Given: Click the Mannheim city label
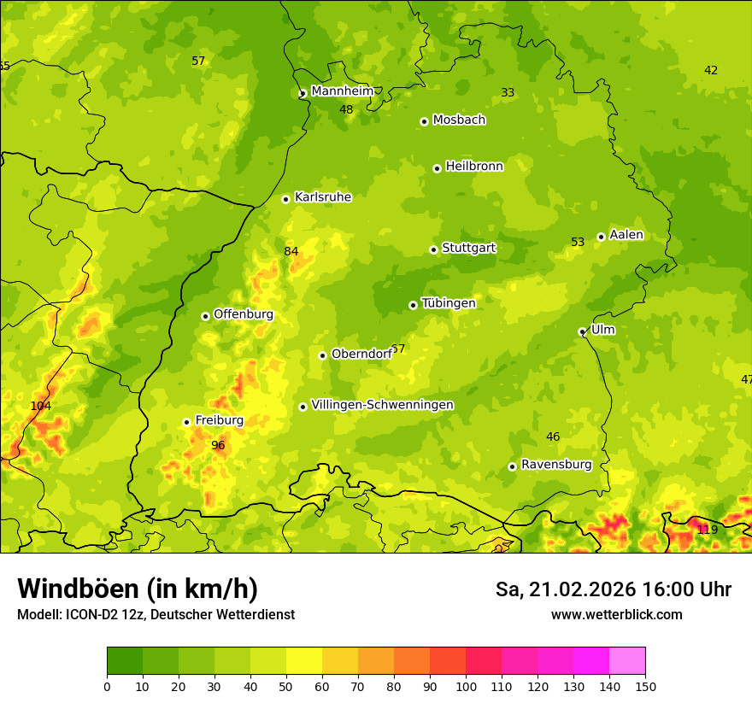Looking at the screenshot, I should click(342, 91).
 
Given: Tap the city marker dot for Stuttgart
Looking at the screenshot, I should click(433, 249).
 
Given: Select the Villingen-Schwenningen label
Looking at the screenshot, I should click(382, 405).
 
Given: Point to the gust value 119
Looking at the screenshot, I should click(708, 530).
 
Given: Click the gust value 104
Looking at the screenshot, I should click(41, 406).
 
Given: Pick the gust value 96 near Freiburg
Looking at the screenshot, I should click(218, 445).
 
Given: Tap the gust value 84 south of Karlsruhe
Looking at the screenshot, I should click(291, 251).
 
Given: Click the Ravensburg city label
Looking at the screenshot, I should click(556, 465).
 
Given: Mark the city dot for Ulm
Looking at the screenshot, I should click(582, 331).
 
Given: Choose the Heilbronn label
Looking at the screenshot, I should click(474, 166).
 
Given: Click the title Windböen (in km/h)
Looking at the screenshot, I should click(138, 589).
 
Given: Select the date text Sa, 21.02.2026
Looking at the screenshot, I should click(565, 589).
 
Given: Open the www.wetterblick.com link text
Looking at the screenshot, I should click(616, 614).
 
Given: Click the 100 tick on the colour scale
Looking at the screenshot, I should click(466, 686).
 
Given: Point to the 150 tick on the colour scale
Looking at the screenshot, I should click(645, 686).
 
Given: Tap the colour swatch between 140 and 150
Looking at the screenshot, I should click(627, 660).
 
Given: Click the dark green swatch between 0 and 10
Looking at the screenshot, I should click(125, 660).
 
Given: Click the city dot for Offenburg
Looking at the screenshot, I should click(205, 316).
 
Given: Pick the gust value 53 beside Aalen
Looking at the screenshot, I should click(578, 243).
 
